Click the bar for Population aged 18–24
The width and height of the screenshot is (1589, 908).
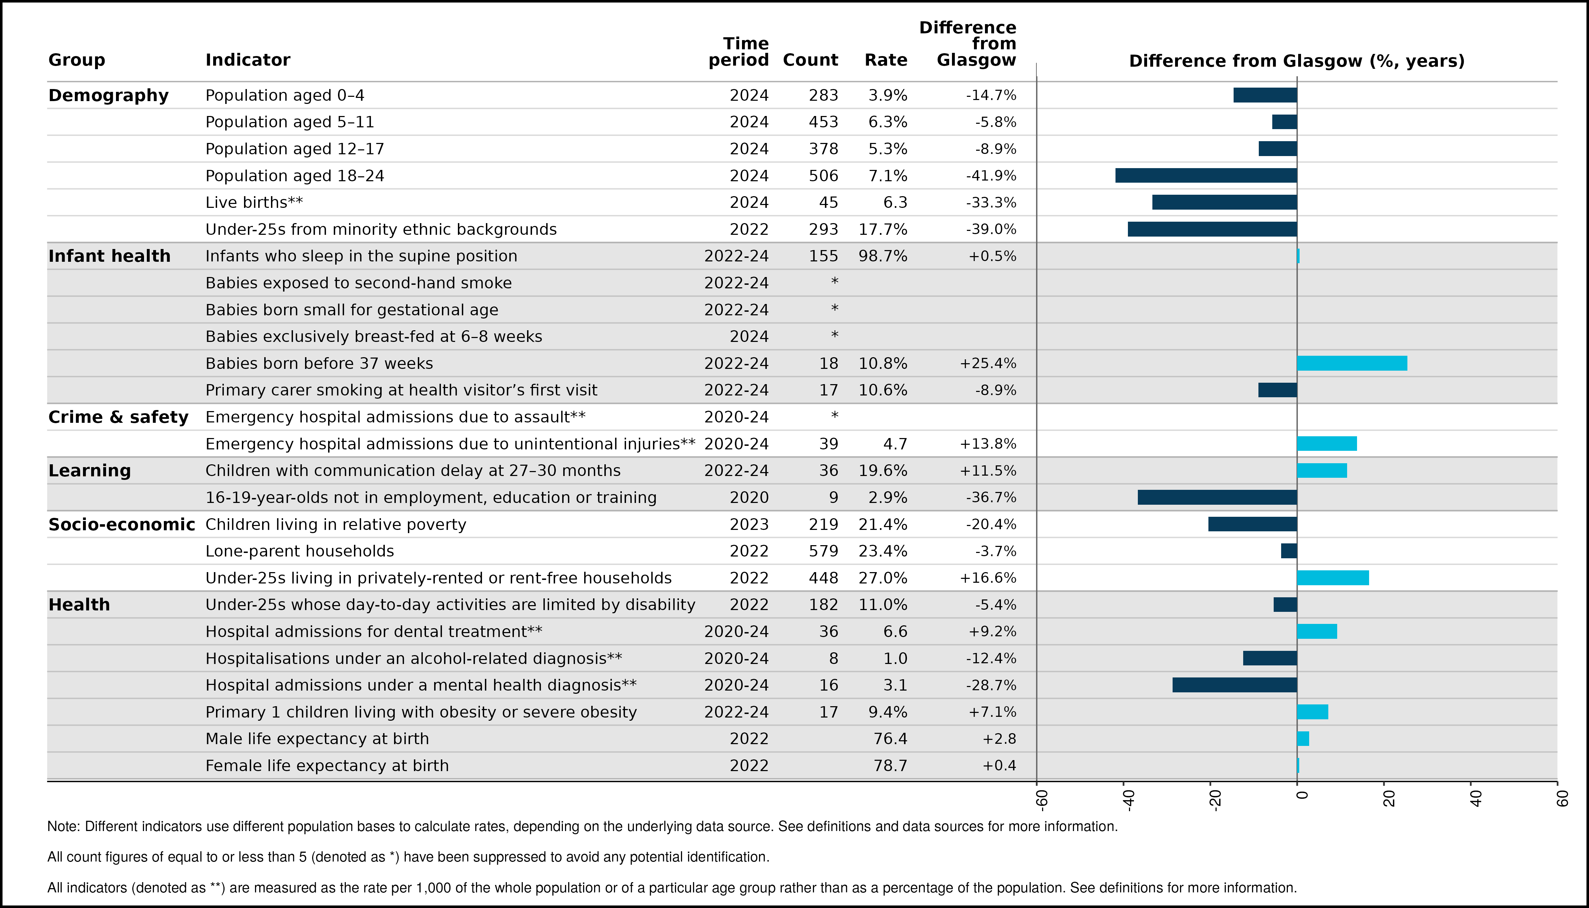1206,175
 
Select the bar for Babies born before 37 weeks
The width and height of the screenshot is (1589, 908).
1352,363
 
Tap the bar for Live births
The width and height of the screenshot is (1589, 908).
1225,202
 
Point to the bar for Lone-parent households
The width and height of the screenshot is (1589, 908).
1289,551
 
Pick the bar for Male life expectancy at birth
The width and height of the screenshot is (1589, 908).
1303,738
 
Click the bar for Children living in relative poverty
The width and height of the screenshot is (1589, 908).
1253,524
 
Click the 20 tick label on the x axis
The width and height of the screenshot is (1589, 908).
1389,798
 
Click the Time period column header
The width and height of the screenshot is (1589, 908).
739,52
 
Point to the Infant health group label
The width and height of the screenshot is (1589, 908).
109,256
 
